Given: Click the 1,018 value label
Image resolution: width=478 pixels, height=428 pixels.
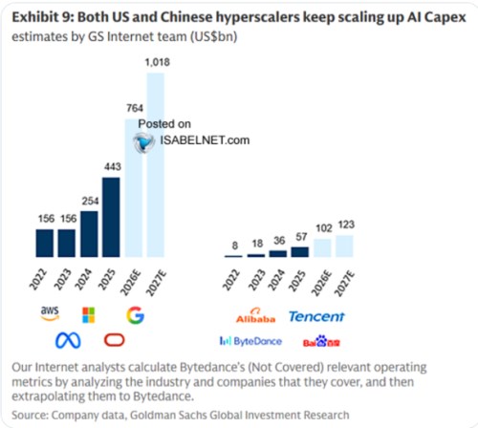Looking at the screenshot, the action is click(x=158, y=62).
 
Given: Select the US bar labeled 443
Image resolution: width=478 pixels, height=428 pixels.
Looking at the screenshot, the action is click(x=111, y=217).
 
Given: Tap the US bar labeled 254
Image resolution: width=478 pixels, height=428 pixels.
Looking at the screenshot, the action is click(x=89, y=234).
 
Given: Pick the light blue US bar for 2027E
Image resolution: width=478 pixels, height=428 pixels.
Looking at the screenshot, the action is click(x=156, y=165).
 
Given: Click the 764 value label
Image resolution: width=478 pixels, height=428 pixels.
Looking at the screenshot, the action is click(x=135, y=108).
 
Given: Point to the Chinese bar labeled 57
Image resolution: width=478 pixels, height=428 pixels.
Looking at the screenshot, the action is click(x=300, y=252).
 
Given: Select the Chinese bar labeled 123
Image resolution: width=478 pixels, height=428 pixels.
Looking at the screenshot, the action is click(x=344, y=246).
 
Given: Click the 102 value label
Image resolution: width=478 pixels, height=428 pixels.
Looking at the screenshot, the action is click(x=324, y=228).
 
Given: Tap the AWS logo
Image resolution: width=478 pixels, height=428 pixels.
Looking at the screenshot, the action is click(x=50, y=313).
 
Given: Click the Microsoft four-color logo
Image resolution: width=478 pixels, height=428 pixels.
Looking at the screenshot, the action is click(x=88, y=315).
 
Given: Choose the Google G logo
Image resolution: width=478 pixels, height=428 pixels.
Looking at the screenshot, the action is click(x=136, y=315).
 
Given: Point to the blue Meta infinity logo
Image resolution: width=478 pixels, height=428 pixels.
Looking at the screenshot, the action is click(x=68, y=340).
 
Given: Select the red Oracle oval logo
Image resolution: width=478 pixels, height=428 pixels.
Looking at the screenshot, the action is click(x=115, y=340).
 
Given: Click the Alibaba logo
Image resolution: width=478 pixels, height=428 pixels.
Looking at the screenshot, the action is click(x=255, y=316).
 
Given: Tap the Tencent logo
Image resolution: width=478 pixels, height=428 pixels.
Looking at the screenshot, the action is click(x=316, y=316).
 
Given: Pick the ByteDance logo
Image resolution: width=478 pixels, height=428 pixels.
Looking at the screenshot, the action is click(x=250, y=341).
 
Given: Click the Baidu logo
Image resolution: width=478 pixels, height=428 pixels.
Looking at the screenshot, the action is click(x=321, y=341).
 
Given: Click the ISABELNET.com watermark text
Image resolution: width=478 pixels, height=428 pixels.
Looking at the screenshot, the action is click(x=205, y=140).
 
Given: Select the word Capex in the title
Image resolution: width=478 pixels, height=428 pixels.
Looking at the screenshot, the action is click(x=445, y=18).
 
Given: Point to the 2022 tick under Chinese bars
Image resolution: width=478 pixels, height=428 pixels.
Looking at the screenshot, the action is click(x=230, y=280).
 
